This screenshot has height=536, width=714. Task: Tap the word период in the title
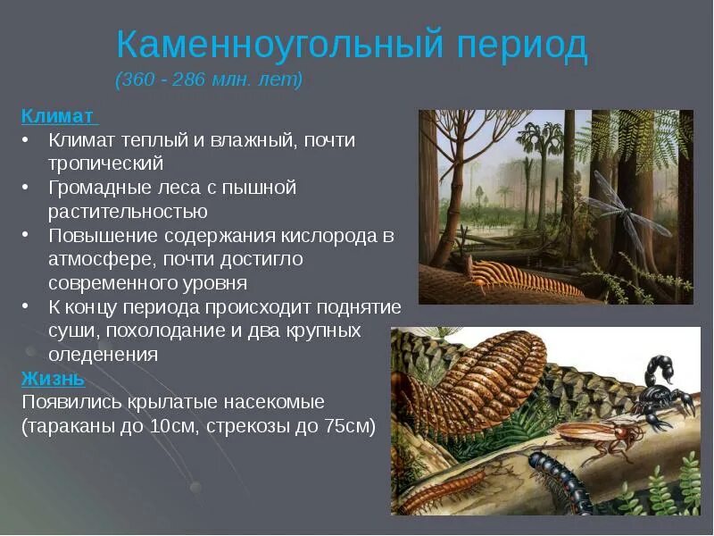click(527, 44)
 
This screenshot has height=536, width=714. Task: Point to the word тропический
click(106, 163)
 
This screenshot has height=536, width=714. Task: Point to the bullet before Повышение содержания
click(28, 236)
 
